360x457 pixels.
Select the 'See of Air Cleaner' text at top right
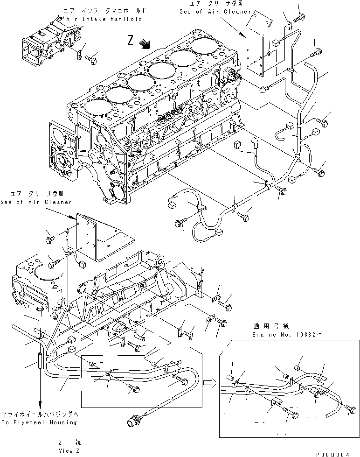coord(215,12)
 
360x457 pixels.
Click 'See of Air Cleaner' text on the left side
coord(36,202)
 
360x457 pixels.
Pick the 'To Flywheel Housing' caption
coord(39,422)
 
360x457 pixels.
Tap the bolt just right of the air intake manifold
coord(91,59)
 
